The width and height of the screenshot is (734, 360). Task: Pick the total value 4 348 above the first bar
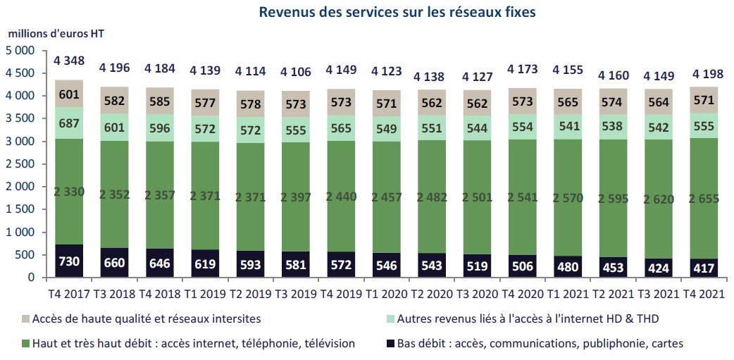(69, 61)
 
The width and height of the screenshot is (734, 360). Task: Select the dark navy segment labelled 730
(69, 261)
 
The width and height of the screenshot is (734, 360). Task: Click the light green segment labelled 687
(69, 123)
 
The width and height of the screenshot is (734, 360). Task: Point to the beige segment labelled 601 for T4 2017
(69, 94)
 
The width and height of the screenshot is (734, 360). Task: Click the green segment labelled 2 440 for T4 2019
(340, 197)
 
